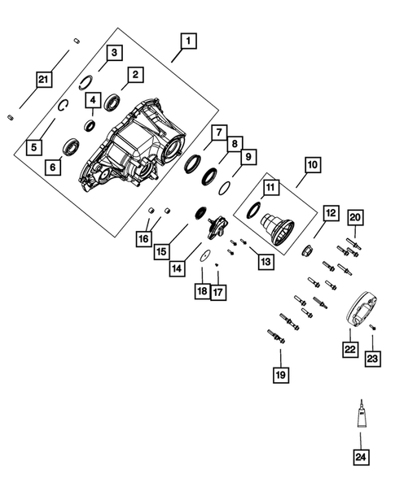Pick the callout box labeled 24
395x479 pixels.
(359, 457)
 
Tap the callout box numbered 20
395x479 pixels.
(354, 216)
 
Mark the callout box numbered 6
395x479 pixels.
(54, 168)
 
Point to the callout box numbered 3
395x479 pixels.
(115, 53)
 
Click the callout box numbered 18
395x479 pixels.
(201, 291)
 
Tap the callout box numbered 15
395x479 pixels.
(161, 251)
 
